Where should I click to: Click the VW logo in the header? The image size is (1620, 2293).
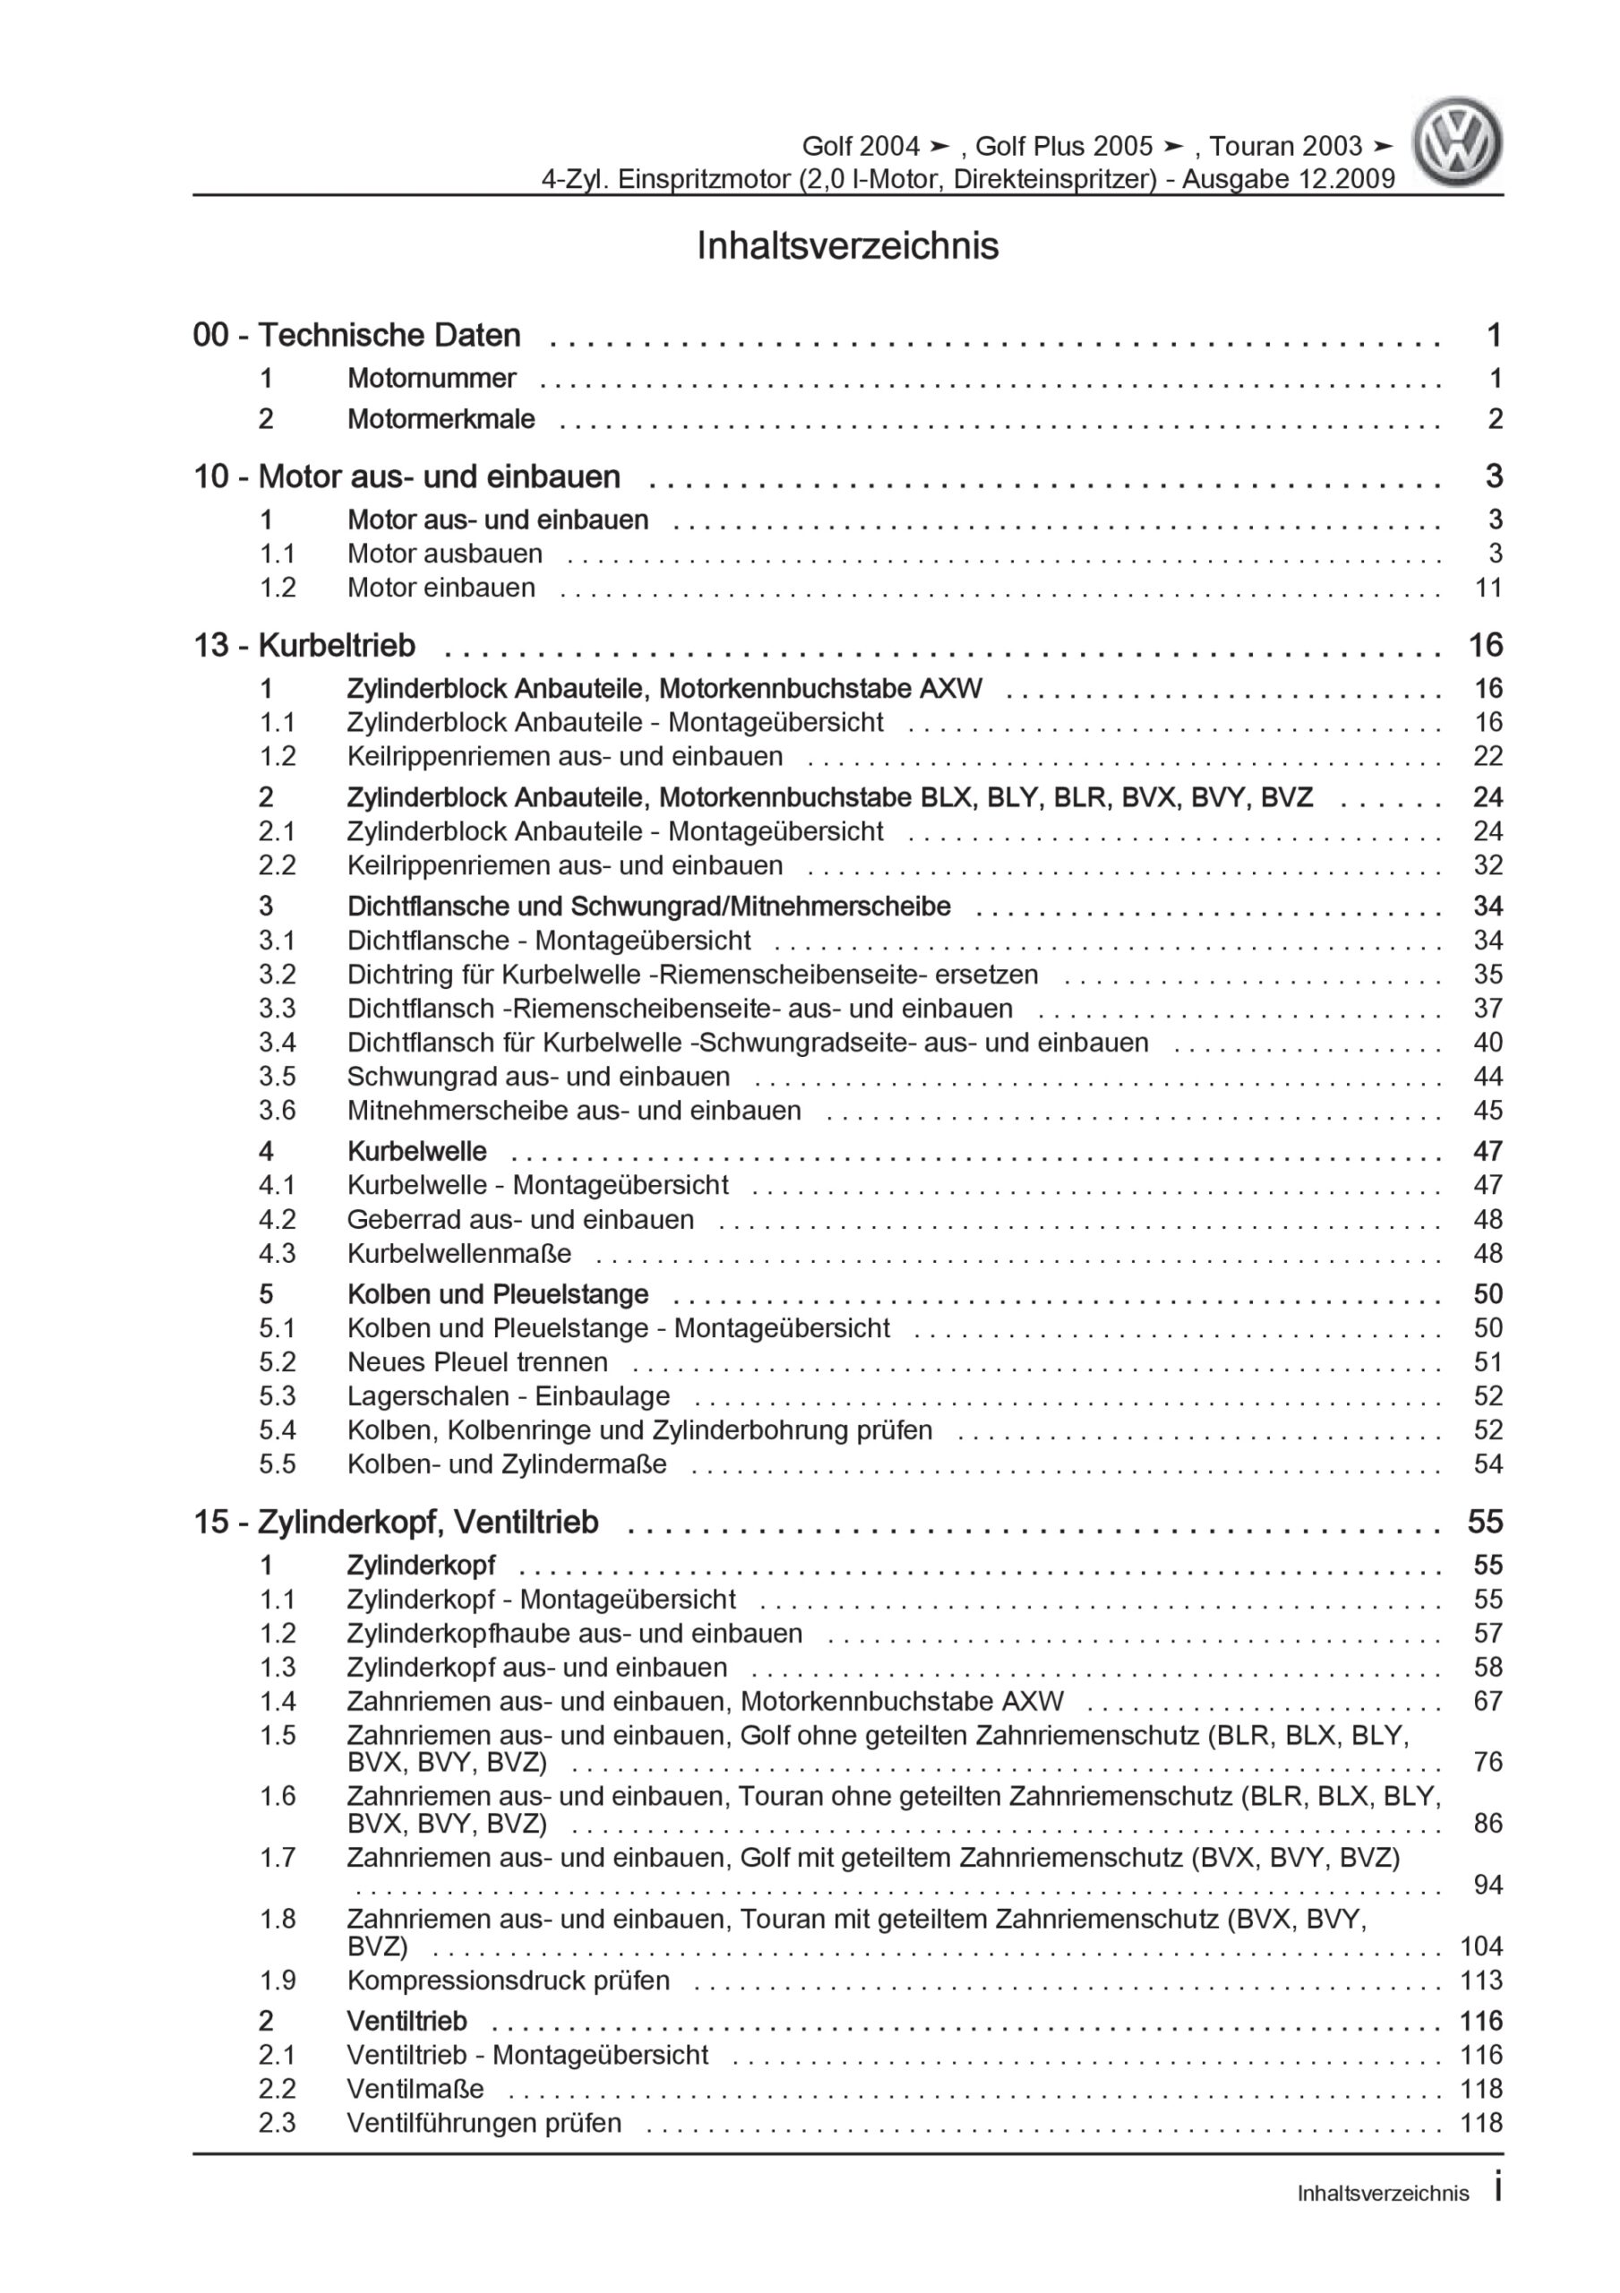tap(1456, 142)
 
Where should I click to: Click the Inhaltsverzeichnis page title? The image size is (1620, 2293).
tap(847, 245)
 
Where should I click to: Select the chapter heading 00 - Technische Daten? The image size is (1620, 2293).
tap(356, 336)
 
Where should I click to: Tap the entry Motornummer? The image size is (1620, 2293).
tap(432, 379)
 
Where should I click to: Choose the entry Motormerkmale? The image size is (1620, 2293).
tap(441, 419)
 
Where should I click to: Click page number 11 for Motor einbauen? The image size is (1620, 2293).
tap(1487, 588)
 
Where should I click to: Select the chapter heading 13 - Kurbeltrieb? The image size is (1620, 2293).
tap(304, 645)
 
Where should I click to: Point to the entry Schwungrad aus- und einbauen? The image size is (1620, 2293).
tap(538, 1077)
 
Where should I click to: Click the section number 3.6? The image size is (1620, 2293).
tap(278, 1111)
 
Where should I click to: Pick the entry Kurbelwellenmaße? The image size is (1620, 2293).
tap(459, 1253)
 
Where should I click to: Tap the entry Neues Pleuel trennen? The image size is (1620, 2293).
tap(477, 1362)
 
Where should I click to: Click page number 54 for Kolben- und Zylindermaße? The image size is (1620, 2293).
tap(1487, 1464)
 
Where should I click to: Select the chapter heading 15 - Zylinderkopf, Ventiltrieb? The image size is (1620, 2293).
tap(396, 1522)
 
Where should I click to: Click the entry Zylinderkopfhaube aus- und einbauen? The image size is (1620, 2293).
tap(574, 1634)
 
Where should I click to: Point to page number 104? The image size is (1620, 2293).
tap(1480, 1946)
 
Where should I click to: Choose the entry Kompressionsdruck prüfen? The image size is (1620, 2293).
tap(509, 1980)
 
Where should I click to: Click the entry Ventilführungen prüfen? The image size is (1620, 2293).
tap(484, 2123)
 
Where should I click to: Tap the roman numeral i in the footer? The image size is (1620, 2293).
tap(1497, 2187)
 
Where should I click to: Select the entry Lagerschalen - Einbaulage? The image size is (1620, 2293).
tap(509, 1396)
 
